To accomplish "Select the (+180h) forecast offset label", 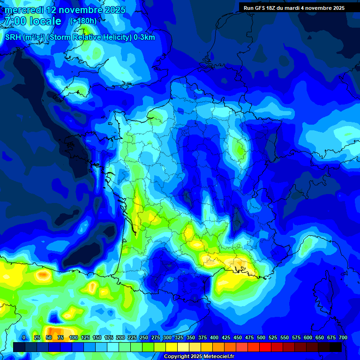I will click(x=83, y=21).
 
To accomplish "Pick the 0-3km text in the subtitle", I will click(x=144, y=37).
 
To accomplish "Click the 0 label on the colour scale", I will click(x=24, y=337).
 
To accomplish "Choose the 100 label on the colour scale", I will click(x=74, y=337).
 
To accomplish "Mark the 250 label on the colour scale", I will click(x=144, y=337).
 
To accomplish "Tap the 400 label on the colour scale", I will click(x=214, y=337).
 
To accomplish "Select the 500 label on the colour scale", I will click(x=261, y=337).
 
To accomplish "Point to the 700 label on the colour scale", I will click(x=343, y=337).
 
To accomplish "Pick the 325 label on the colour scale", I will click(x=179, y=337).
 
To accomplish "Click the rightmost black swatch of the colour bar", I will click(x=336, y=347).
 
